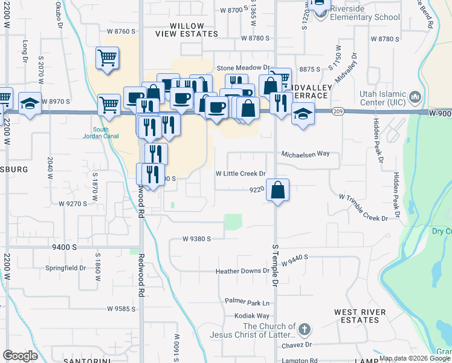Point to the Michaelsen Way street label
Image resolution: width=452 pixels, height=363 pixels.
[305, 154]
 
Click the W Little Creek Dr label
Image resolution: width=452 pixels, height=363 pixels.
[241, 174]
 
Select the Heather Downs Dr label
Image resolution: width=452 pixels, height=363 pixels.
[242, 272]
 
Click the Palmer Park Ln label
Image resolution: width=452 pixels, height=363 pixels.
[247, 301]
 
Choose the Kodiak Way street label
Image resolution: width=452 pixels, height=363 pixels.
[252, 316]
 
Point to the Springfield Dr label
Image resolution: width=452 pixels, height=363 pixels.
[66, 267]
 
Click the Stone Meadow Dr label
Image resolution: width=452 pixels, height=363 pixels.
[242, 68]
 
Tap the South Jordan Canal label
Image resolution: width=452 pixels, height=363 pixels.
[102, 134]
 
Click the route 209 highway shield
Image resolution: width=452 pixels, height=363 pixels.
[338, 111]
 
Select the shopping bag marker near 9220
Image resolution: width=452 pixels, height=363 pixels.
[277, 190]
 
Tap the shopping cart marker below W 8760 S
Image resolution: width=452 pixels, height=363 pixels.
[107, 58]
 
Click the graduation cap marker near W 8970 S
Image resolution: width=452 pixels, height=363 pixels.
[30, 103]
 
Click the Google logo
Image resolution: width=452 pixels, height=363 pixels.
[20, 356]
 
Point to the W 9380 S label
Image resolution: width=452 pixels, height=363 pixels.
[197, 239]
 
